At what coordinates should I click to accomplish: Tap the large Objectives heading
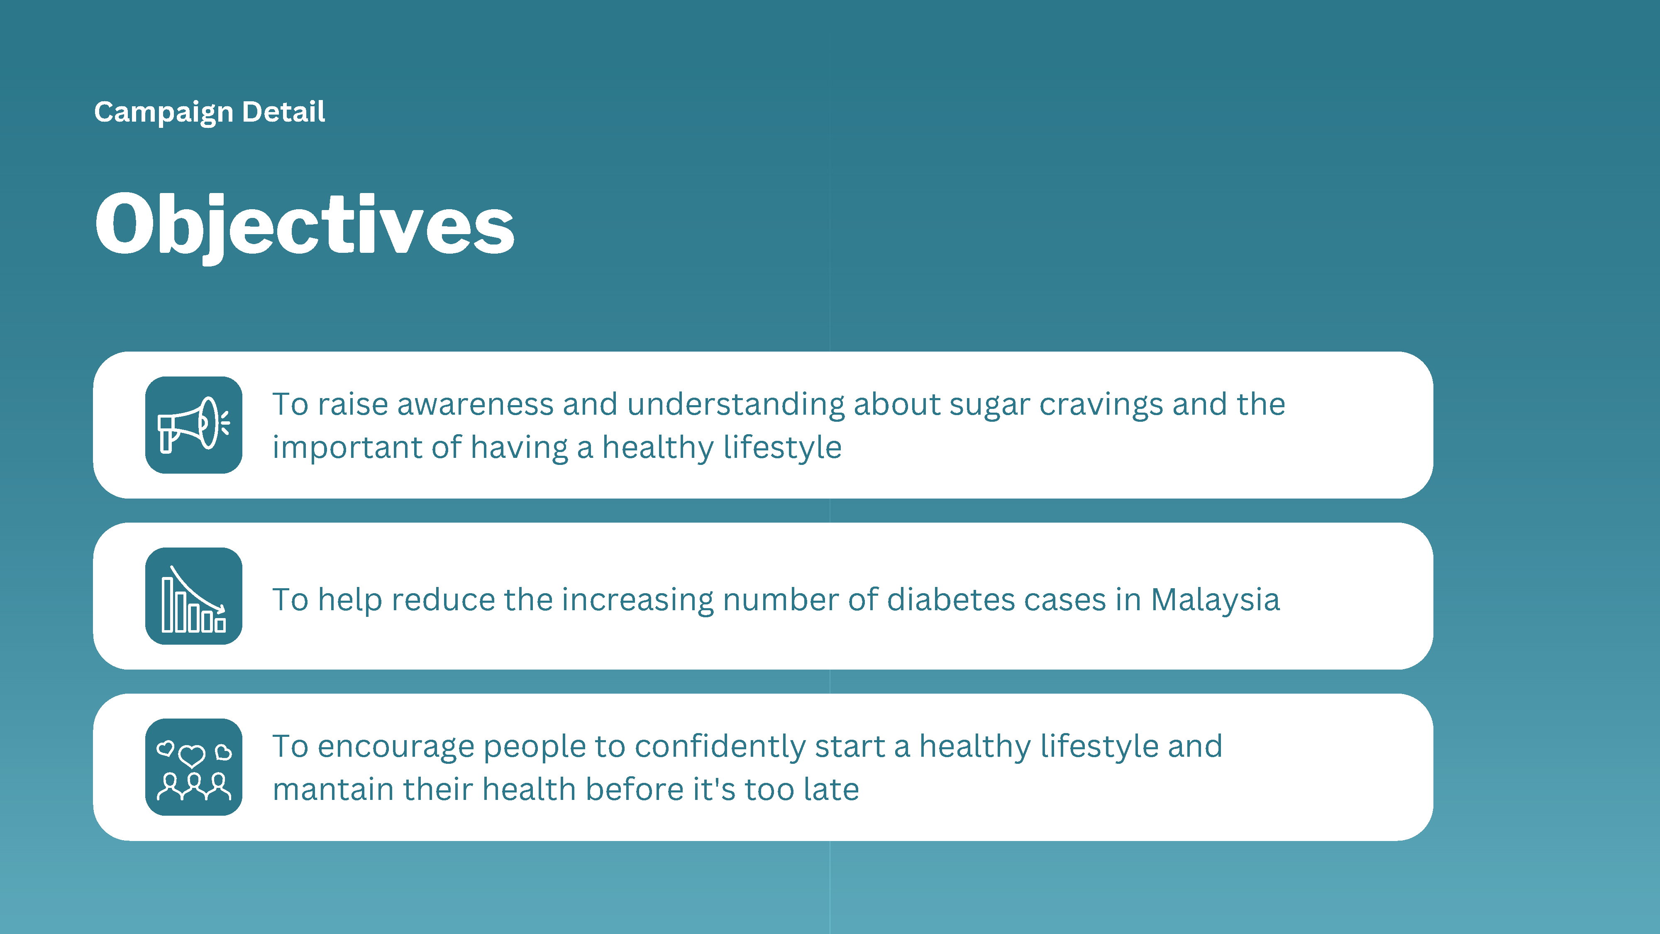coord(304,225)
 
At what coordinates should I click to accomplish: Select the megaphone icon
coord(193,425)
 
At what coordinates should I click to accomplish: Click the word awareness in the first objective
coord(475,405)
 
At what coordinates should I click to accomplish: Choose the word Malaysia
coord(1215,601)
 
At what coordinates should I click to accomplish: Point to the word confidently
coord(720,748)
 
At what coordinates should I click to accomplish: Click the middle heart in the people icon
coord(192,756)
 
